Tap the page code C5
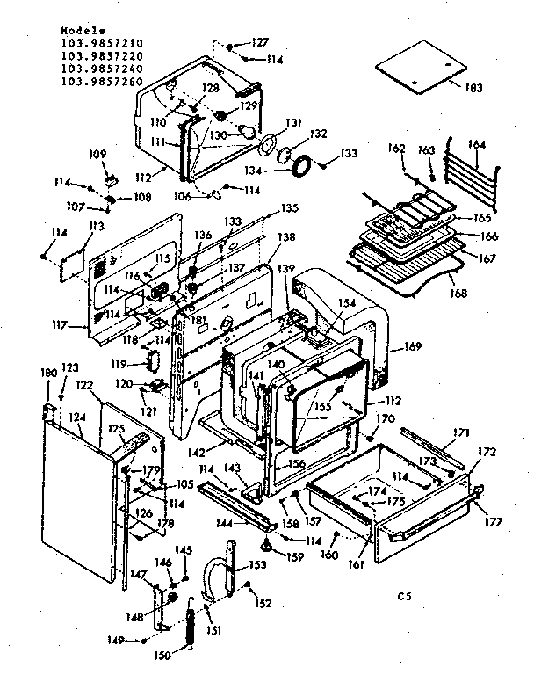point(403,597)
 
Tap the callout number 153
point(256,565)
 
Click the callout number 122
point(83,385)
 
